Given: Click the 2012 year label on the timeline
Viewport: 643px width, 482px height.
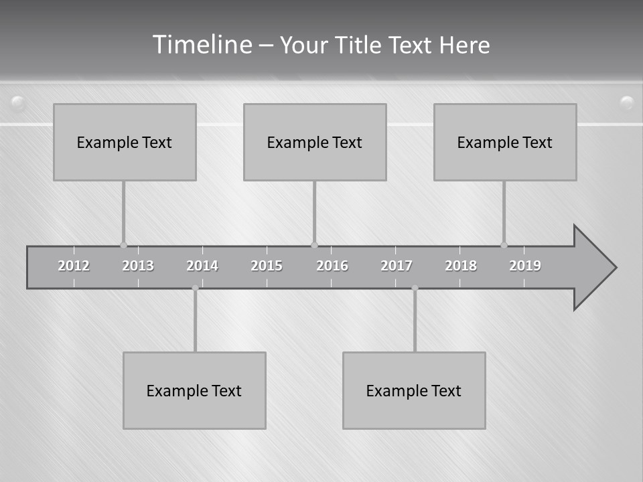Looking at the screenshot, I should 74,266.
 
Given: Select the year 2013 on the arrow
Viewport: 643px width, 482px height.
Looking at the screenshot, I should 138,266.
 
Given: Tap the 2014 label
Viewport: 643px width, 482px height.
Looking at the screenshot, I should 202,266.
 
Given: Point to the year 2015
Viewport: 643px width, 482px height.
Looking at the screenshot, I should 267,266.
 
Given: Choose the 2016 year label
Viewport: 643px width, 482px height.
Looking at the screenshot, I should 332,266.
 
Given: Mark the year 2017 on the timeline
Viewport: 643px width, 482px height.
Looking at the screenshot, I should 397,266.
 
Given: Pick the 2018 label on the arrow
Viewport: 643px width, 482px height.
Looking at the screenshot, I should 461,266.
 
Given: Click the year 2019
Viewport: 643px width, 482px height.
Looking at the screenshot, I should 525,266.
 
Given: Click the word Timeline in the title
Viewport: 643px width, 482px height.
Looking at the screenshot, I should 202,45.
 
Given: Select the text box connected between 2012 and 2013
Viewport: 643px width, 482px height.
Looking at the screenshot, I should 125,142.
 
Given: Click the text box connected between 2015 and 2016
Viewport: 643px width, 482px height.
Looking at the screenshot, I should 315,142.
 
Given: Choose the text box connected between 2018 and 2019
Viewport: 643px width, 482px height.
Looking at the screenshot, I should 505,142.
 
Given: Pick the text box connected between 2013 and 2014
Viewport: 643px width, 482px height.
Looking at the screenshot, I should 194,390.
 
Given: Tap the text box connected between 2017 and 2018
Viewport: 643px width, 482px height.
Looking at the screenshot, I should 414,390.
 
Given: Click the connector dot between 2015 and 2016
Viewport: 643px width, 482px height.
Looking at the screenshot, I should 314,245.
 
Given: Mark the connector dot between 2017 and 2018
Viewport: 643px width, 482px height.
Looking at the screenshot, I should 415,288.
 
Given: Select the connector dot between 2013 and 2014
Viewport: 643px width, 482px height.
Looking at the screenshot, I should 195,288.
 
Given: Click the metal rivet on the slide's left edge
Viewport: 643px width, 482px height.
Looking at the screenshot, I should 18,103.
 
